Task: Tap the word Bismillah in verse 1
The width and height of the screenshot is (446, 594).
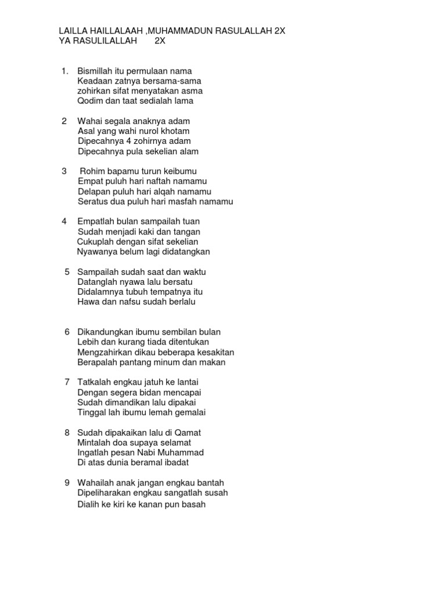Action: point(95,71)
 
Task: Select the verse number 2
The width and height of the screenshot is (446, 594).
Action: point(64,121)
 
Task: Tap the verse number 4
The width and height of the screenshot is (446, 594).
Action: point(64,222)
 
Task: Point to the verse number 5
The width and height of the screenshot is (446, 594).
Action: point(67,271)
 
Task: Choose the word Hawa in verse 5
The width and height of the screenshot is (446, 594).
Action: point(87,302)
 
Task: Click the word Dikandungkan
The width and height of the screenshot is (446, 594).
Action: point(107,332)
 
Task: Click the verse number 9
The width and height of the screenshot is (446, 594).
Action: point(67,483)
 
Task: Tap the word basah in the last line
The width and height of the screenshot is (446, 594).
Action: point(194,504)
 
